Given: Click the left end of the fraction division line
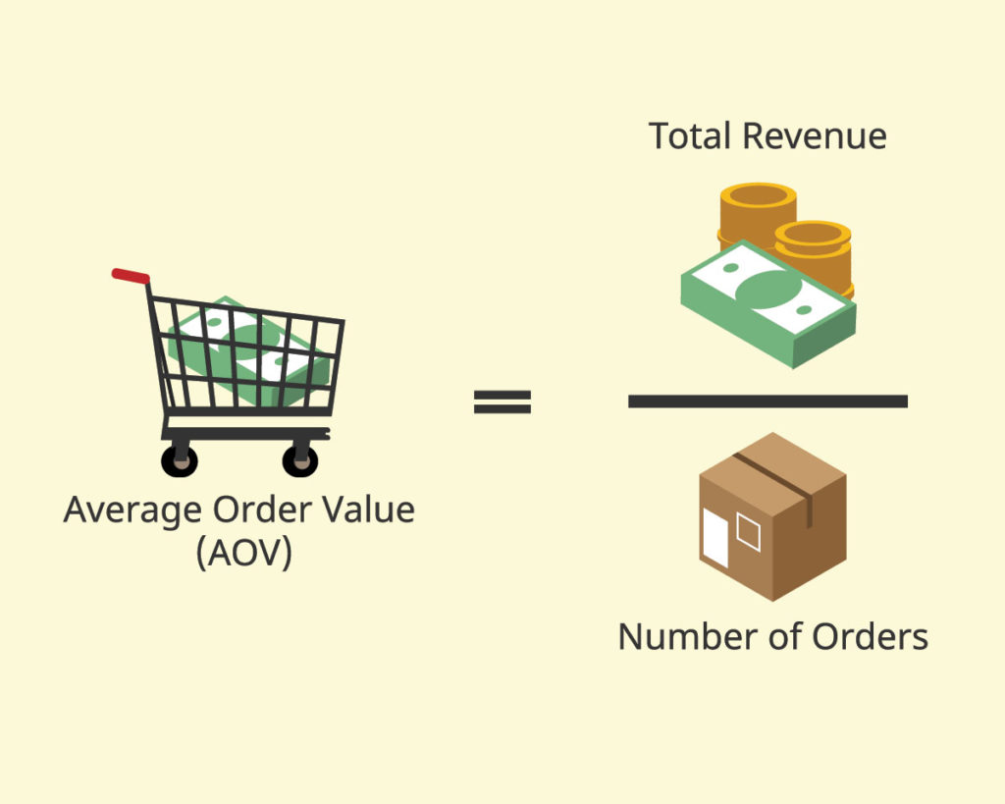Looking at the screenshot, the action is tap(629, 402).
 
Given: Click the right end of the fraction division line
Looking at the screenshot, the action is tap(907, 402).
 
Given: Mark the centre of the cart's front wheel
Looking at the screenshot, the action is tap(300, 459).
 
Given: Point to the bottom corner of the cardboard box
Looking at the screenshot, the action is tap(772, 601).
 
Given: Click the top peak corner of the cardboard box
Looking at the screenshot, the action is tap(773, 433).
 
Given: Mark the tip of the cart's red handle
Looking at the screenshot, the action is tap(115, 273).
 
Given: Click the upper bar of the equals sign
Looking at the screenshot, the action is tap(502, 395).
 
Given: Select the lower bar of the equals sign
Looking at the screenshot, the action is tap(502, 408).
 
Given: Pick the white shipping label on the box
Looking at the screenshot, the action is tap(715, 537).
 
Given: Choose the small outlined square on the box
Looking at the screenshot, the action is tap(748, 531).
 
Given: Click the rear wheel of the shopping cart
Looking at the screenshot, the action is tap(179, 460).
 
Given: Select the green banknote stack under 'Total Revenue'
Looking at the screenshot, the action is tap(767, 304).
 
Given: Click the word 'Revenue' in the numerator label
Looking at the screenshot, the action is tap(815, 135).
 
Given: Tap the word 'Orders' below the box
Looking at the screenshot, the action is tap(870, 637).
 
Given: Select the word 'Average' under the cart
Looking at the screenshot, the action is tap(133, 511).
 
